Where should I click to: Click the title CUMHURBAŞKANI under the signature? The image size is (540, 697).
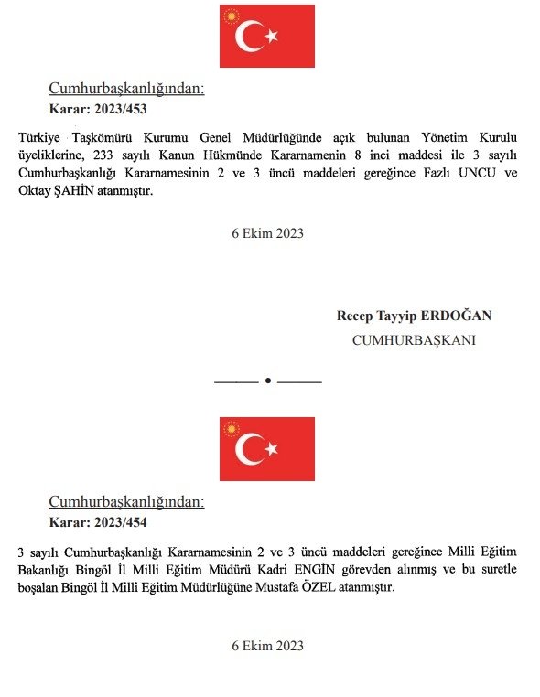coord(414,339)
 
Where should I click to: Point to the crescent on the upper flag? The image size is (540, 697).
coord(249,36)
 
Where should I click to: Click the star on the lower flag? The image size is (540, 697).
coord(271,450)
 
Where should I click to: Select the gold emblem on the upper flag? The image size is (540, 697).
coord(230,16)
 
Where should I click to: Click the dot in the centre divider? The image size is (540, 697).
coord(266,380)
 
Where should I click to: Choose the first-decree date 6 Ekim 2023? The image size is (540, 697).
coord(267,233)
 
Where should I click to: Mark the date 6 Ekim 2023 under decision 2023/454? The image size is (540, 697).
coord(267,647)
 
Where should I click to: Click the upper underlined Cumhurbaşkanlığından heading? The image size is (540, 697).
coord(126,89)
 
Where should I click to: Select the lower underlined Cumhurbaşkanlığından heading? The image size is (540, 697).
coord(126,502)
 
